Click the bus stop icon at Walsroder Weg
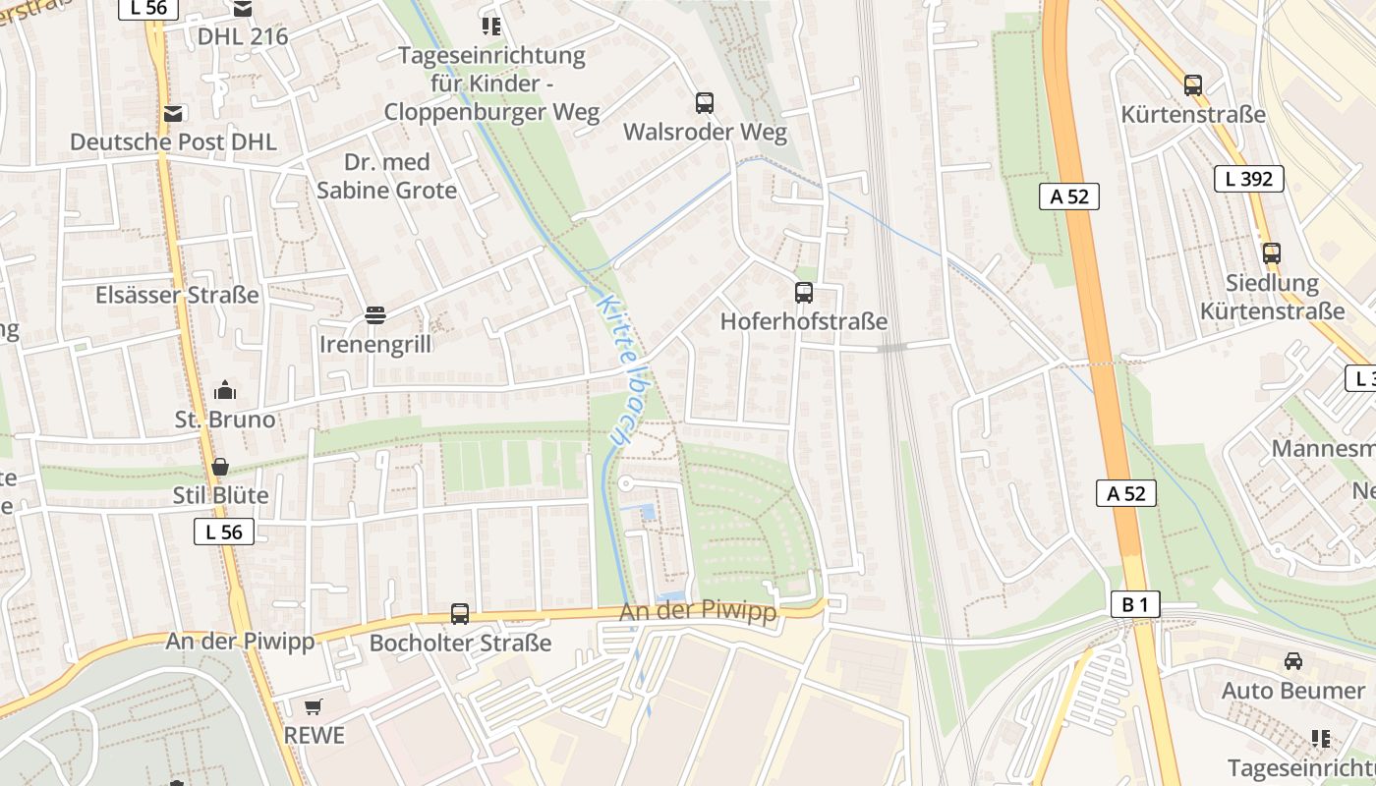704,102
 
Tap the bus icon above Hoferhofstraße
803,292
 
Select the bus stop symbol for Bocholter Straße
459,614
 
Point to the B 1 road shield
1134,604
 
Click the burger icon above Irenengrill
374,315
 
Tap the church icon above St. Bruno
225,391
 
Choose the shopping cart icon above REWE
314,706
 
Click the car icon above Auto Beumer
1292,661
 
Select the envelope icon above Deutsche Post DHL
174,113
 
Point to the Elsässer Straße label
177,295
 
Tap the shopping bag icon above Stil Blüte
220,467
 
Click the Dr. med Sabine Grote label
386,176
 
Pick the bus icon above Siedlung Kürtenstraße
1272,253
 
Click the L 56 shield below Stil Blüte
223,532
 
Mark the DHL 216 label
243,36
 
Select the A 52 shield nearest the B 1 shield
1125,493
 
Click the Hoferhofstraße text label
803,321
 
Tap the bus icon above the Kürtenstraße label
1192,85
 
